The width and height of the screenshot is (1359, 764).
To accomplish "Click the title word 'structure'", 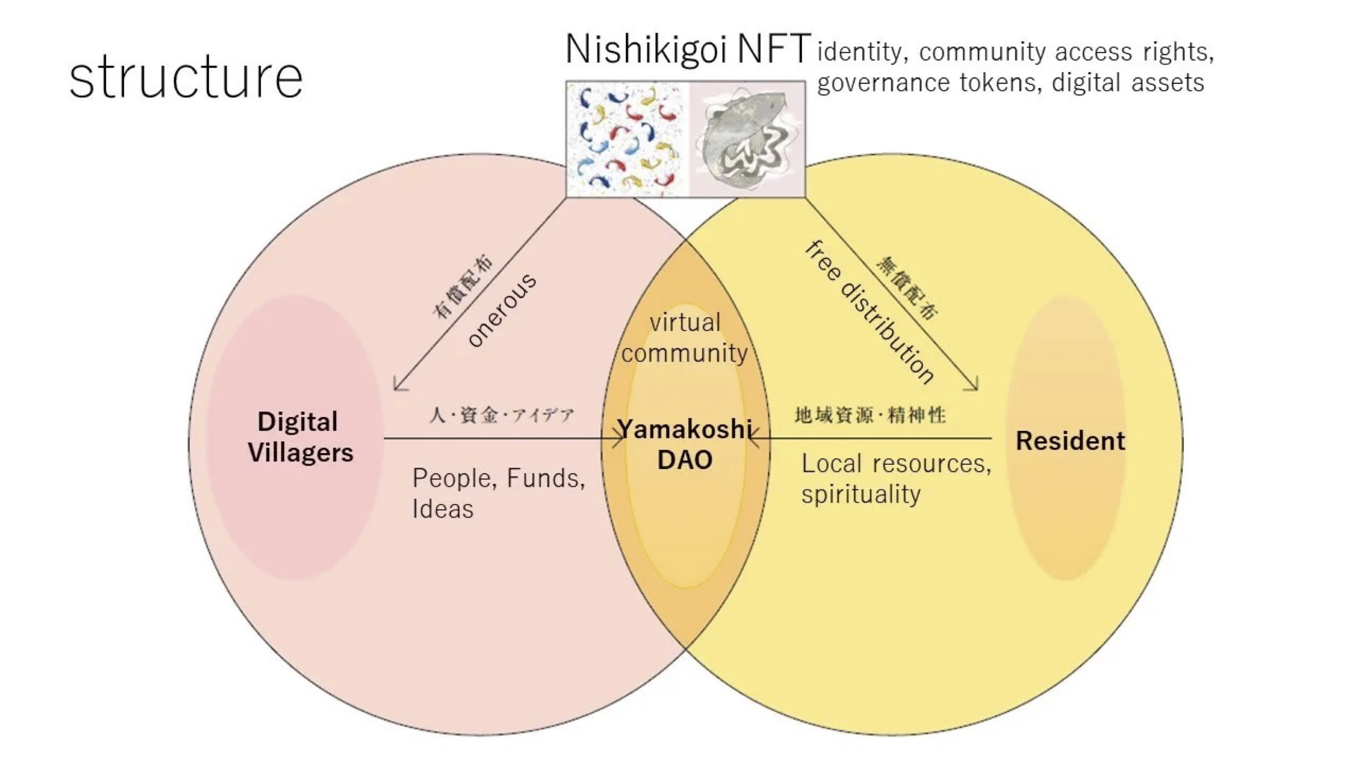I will pos(186,78).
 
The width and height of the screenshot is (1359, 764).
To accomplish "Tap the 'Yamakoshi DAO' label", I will pos(685,444).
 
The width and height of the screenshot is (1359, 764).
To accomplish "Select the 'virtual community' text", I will pos(685,338).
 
